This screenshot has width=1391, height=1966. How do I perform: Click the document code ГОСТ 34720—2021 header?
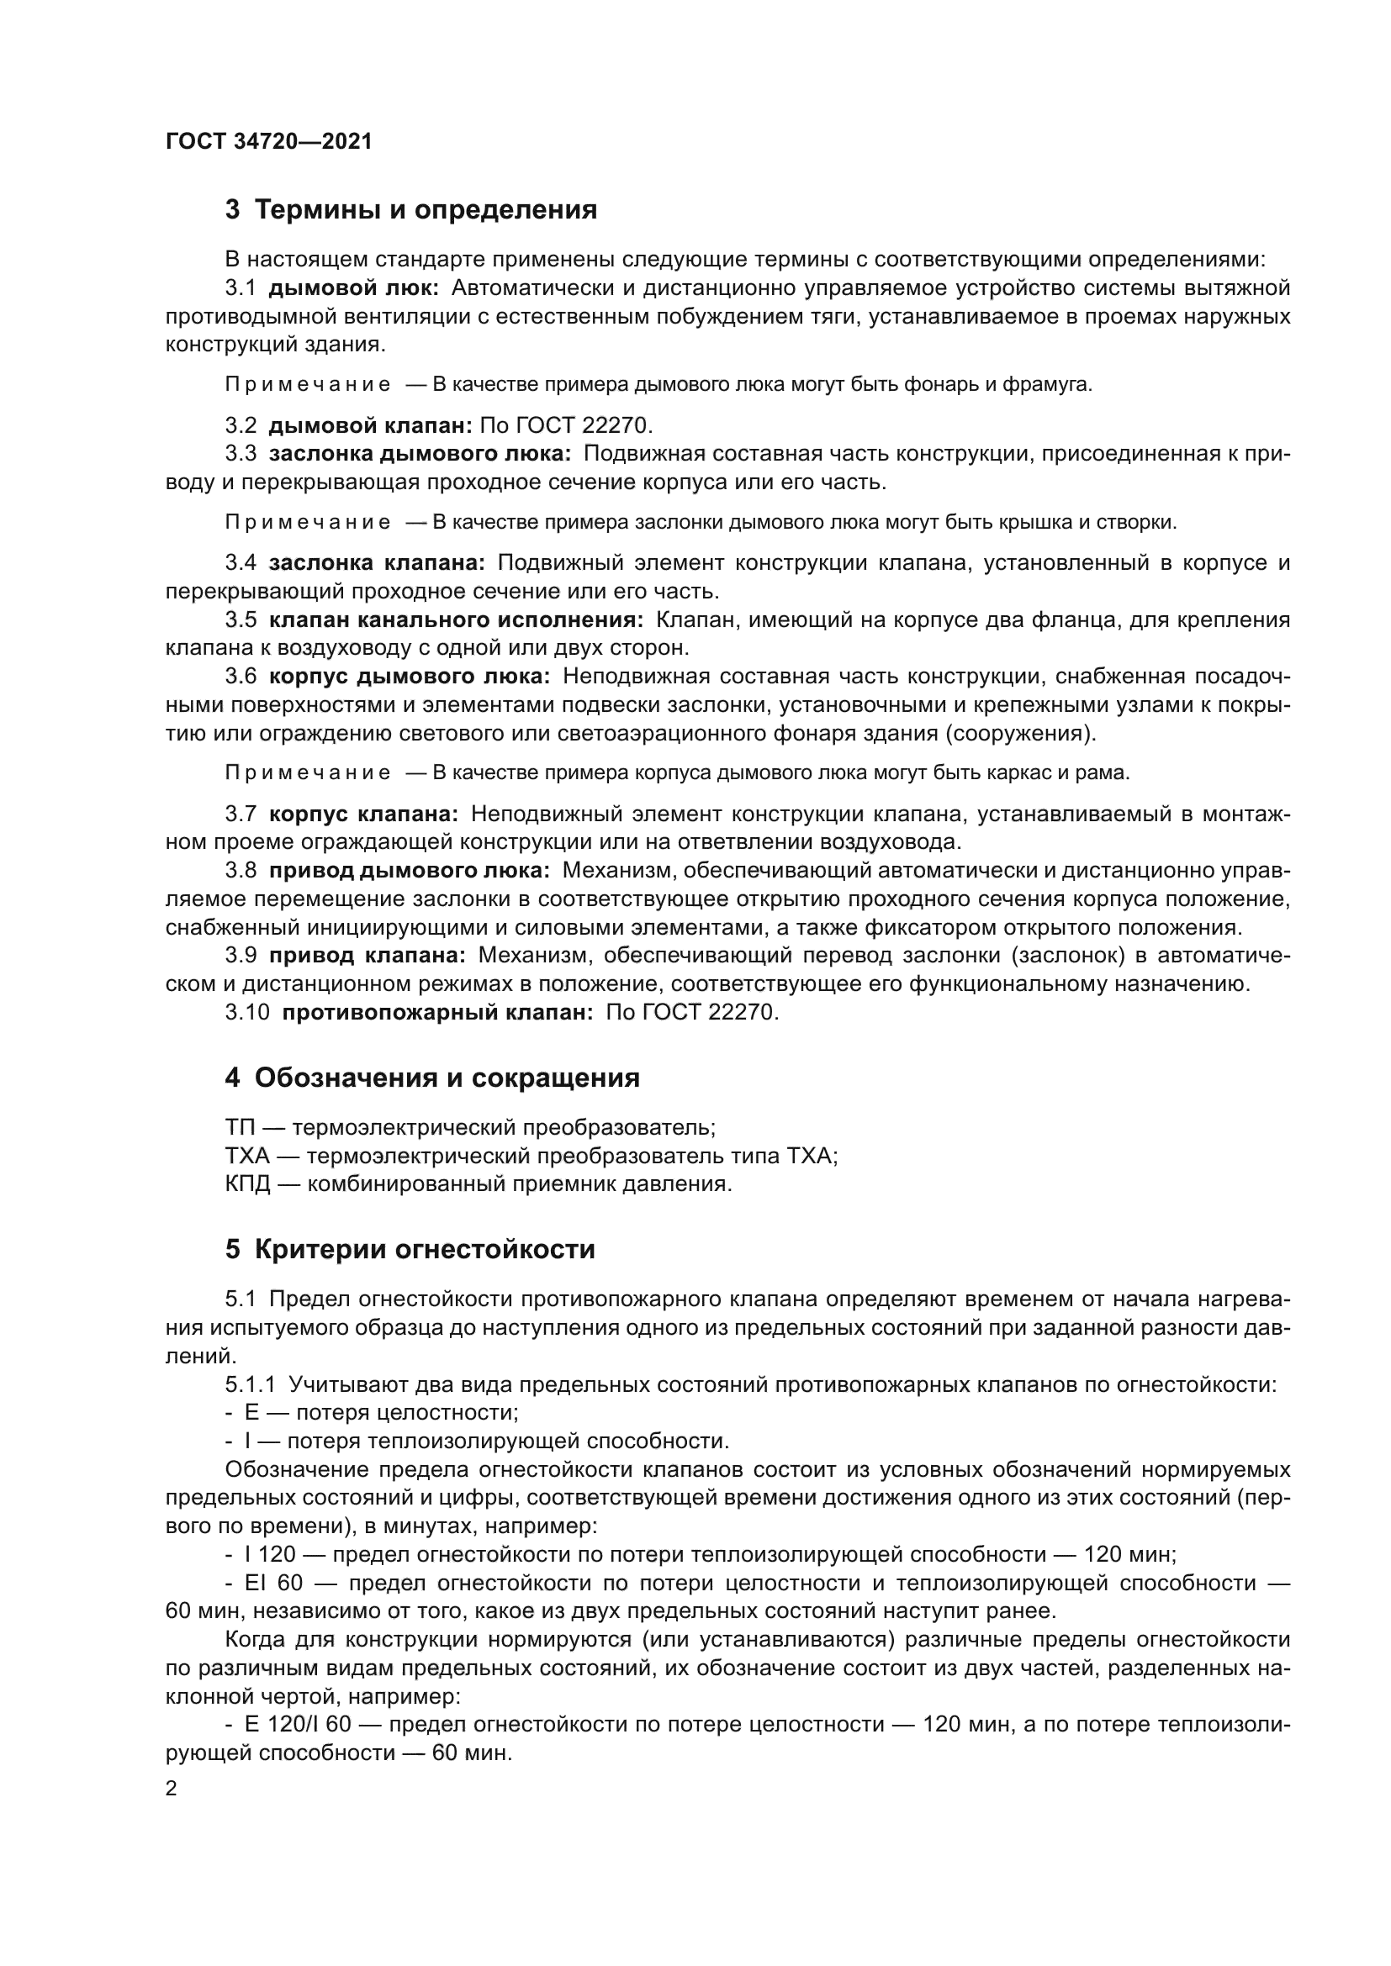(x=269, y=141)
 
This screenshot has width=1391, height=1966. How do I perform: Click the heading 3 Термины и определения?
(x=411, y=210)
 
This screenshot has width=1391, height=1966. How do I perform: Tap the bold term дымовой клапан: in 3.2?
(x=370, y=425)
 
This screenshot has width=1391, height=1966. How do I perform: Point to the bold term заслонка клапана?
(x=376, y=563)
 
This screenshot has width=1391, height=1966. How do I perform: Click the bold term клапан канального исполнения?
(x=456, y=620)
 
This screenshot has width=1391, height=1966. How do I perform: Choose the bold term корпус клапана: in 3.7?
(x=363, y=814)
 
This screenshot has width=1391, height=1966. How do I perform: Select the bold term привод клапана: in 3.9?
(x=368, y=956)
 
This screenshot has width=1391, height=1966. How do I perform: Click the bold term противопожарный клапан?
(x=437, y=1012)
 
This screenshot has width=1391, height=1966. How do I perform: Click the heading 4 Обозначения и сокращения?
(x=432, y=1078)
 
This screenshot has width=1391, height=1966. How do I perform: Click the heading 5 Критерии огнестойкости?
(x=410, y=1249)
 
